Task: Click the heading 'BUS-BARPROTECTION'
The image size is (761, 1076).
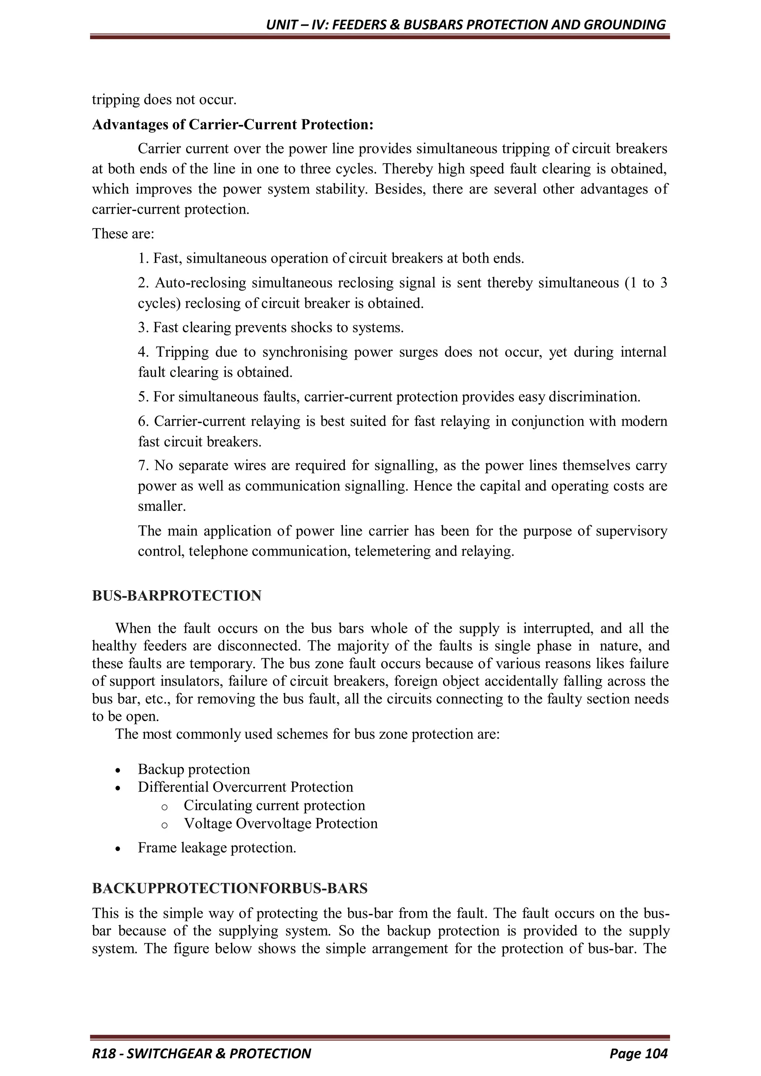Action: pos(177,596)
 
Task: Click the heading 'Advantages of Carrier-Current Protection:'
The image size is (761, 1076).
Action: pos(233,125)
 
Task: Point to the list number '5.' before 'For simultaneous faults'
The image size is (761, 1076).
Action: pos(143,397)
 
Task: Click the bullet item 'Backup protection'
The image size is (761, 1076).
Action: pos(194,769)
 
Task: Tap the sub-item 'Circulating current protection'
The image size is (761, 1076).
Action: pos(274,805)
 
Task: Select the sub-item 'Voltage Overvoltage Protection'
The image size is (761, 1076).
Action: pos(280,823)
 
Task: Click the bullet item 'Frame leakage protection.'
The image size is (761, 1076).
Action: pos(217,848)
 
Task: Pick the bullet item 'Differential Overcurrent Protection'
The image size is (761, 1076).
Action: pos(245,787)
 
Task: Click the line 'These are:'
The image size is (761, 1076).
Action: pos(123,233)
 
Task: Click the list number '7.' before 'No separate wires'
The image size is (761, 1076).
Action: pos(143,465)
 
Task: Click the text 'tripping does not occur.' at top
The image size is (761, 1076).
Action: pos(164,100)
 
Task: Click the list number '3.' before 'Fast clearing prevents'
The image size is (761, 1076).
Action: pos(143,327)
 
